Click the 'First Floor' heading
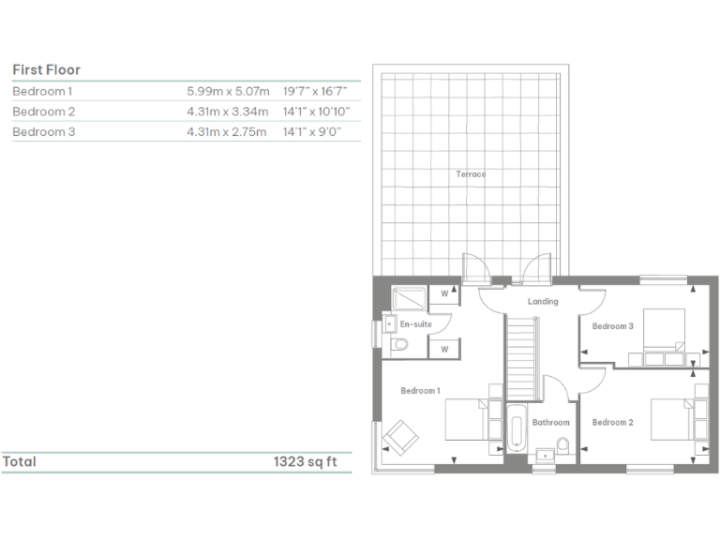[x=46, y=69]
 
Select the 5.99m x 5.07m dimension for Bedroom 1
[x=228, y=91]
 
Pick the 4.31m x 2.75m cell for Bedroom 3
[x=228, y=132]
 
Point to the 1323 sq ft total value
[x=305, y=461]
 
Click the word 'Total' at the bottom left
[x=20, y=461]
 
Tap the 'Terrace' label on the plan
[x=471, y=174]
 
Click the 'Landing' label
[x=543, y=301]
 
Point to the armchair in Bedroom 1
[x=399, y=436]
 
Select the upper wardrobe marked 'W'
[x=444, y=294]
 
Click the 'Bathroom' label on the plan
[x=550, y=423]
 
